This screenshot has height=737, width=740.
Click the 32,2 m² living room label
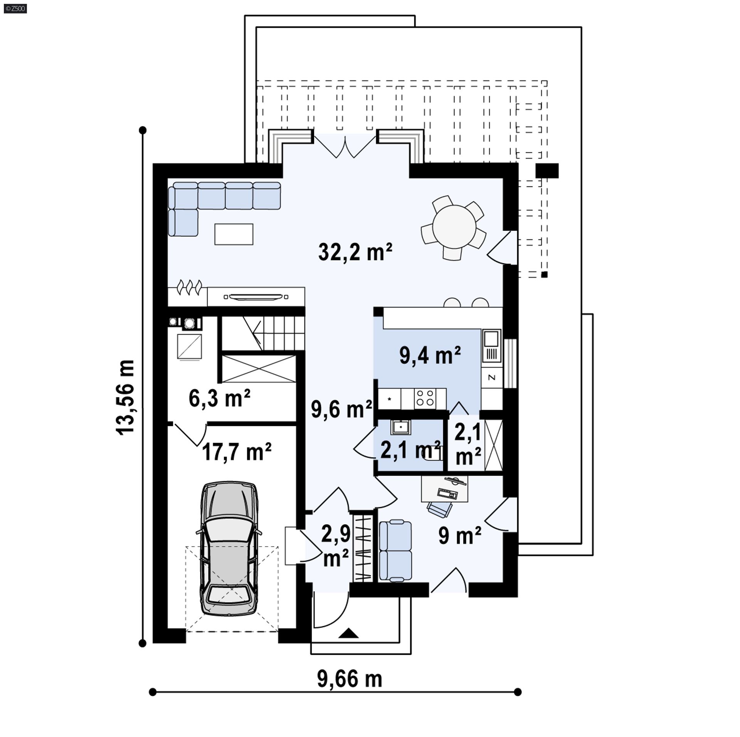[x=355, y=253]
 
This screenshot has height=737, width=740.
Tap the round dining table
[x=454, y=227]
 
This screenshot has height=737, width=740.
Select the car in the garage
[x=229, y=549]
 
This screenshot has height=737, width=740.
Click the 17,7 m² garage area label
[x=237, y=452]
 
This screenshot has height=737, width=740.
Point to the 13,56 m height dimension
[x=126, y=397]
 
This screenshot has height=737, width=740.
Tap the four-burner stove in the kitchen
[x=425, y=398]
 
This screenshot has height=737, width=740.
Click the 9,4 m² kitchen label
[x=430, y=355]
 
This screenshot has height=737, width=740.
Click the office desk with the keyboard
[x=444, y=489]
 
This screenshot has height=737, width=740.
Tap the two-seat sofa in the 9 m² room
[x=395, y=551]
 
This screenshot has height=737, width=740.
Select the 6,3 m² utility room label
[x=220, y=398]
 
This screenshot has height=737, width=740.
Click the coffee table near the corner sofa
[x=234, y=234]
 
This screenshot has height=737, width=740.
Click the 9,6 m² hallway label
[x=341, y=409]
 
